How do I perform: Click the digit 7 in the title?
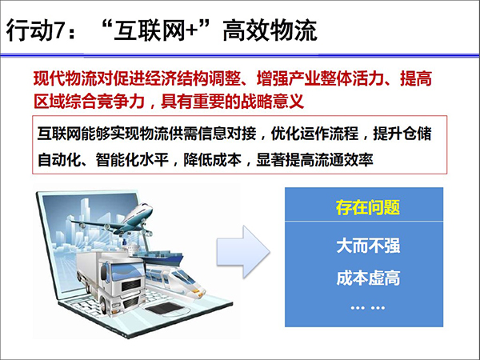pos(61,30)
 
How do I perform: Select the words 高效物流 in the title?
pos(270,30)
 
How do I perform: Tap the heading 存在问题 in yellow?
pos(368,207)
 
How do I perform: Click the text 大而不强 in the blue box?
pos(368,246)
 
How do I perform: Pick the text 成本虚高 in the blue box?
pos(368,278)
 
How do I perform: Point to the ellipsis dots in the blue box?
pos(368,308)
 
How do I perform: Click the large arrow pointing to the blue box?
pos(243,252)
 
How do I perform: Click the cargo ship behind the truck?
pos(162,258)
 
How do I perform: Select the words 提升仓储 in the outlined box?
pos(402,134)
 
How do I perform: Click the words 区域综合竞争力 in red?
pos(89,101)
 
